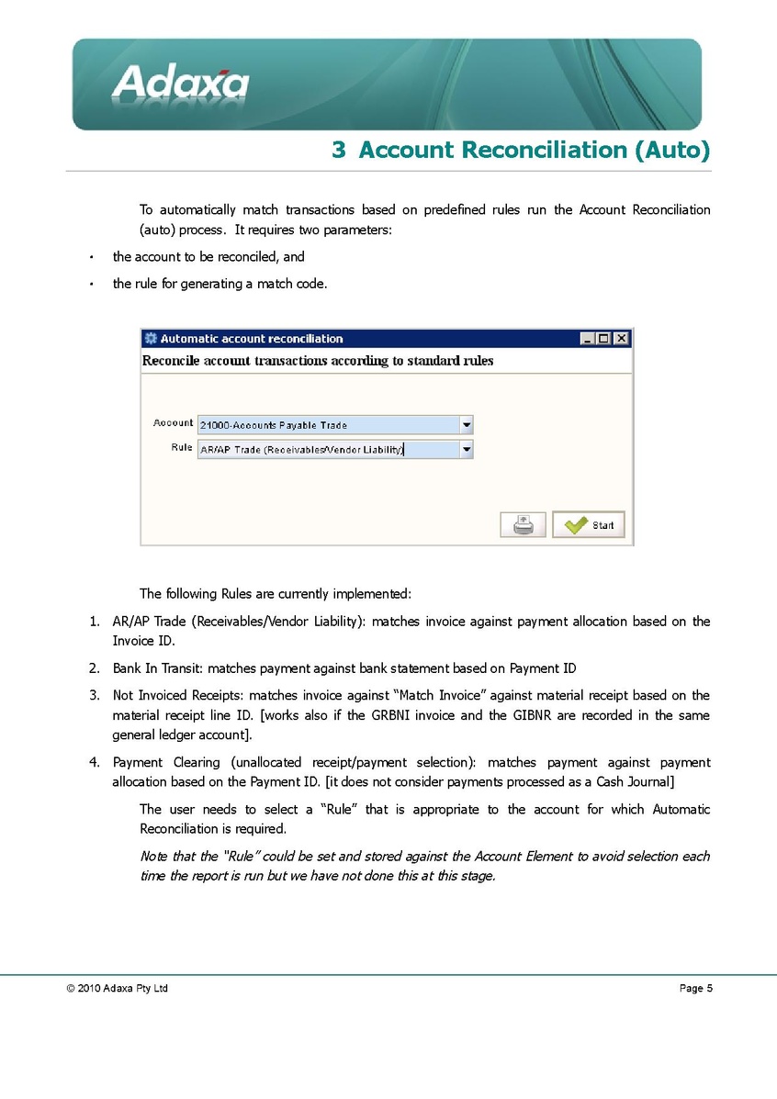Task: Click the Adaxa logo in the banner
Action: [x=181, y=84]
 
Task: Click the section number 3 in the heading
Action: [x=338, y=150]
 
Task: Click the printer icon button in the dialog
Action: [x=523, y=524]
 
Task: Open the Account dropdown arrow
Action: [x=467, y=425]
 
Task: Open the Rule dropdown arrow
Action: [x=467, y=450]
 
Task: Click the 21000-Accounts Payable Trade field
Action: [x=328, y=425]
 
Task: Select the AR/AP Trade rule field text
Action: [x=301, y=450]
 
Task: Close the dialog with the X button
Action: [x=622, y=339]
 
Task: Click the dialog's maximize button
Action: [x=604, y=339]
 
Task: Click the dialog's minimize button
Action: [x=588, y=339]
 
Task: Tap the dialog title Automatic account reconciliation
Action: [x=252, y=339]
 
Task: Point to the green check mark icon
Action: [x=576, y=525]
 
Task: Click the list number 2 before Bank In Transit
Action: [x=94, y=668]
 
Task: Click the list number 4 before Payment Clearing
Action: [x=94, y=762]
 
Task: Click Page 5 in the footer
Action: [x=695, y=988]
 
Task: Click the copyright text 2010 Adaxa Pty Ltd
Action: [x=117, y=989]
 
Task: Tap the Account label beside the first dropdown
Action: [x=173, y=423]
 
